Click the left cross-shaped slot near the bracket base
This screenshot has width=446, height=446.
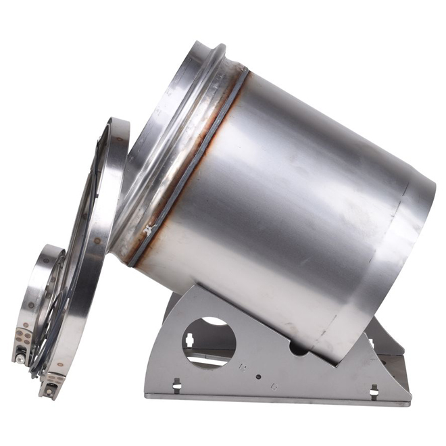pyautogui.click(x=177, y=385)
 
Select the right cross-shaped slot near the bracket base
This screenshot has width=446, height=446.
pyautogui.click(x=374, y=390)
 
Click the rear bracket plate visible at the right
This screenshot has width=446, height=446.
pyautogui.click(x=385, y=338)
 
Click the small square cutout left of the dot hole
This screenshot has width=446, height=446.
pyautogui.click(x=241, y=369)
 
